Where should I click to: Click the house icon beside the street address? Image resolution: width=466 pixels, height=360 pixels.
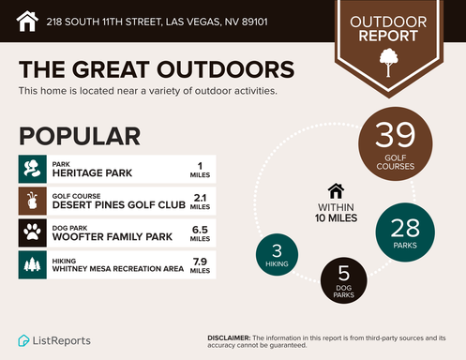coord(28,19)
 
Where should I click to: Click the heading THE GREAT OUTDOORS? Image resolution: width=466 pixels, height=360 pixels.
coord(156,70)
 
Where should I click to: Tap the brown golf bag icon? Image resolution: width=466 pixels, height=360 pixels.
coord(33,201)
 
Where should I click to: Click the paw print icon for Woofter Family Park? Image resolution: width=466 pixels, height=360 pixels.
coord(33,232)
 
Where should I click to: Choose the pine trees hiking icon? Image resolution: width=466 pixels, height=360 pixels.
coord(33,263)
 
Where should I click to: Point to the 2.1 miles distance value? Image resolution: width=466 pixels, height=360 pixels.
coord(200,201)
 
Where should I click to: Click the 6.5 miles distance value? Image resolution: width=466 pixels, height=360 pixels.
coord(200,232)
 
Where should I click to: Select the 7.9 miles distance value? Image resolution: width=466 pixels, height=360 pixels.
coord(200,263)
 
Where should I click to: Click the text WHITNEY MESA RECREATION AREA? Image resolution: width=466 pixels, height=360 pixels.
coord(118,267)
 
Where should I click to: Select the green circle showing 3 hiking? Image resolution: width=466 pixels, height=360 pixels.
coord(278,255)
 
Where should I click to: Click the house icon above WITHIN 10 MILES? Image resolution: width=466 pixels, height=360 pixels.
coord(336,190)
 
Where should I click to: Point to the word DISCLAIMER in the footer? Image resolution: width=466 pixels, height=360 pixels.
coord(228,336)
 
